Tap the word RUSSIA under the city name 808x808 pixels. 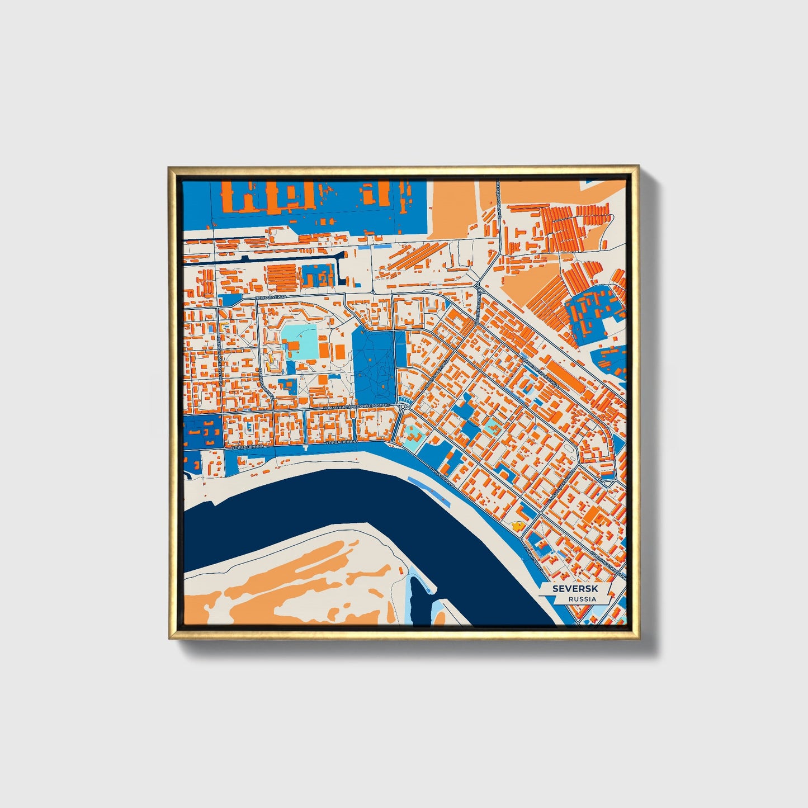tap(582, 599)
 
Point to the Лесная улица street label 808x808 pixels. tap(271, 296)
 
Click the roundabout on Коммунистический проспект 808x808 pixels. tap(403, 407)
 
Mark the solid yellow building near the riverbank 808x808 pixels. tap(517, 526)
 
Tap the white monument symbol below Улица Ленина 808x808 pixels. tap(305, 448)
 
